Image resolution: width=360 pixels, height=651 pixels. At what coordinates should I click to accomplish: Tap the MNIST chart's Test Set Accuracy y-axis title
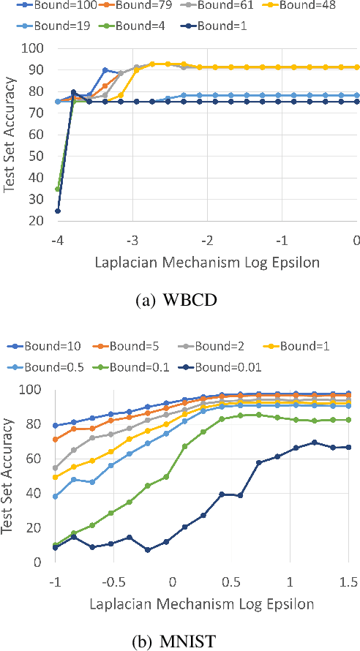pos(11,476)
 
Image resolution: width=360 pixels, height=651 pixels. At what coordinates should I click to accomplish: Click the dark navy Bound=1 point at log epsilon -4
pos(58,211)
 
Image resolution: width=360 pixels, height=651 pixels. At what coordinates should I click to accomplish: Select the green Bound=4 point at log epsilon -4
pos(58,189)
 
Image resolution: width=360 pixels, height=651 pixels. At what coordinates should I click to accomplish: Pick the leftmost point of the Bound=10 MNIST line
pos(56,426)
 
